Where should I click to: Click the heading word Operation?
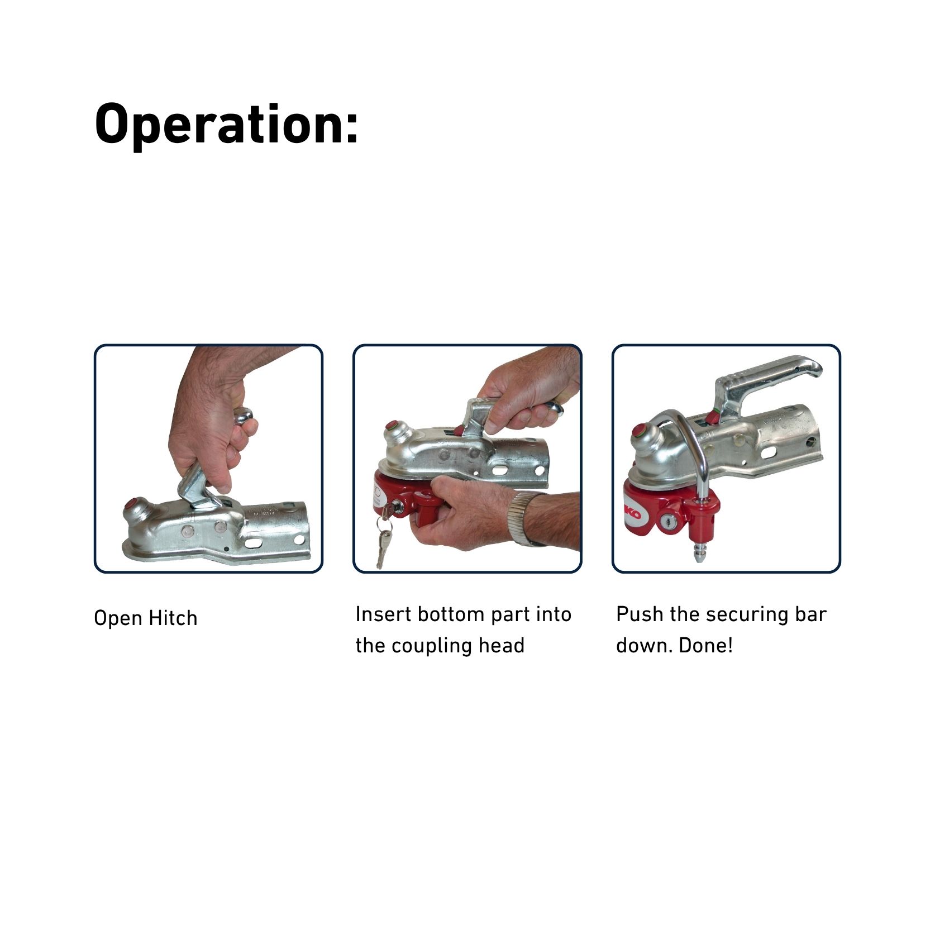click(226, 125)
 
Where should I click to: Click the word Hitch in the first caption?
click(173, 618)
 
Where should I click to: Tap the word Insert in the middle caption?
click(384, 614)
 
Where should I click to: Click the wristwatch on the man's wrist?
click(521, 518)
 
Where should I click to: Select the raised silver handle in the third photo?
click(765, 385)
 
